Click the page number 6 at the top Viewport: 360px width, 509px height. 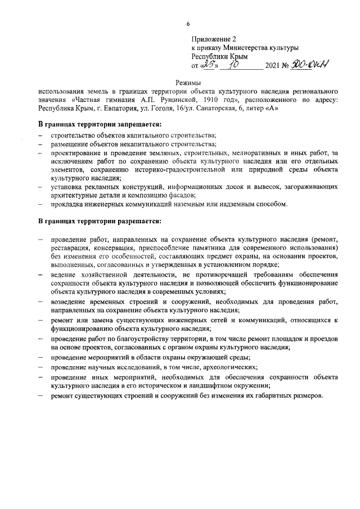point(188,23)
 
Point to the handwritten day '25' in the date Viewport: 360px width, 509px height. point(207,65)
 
